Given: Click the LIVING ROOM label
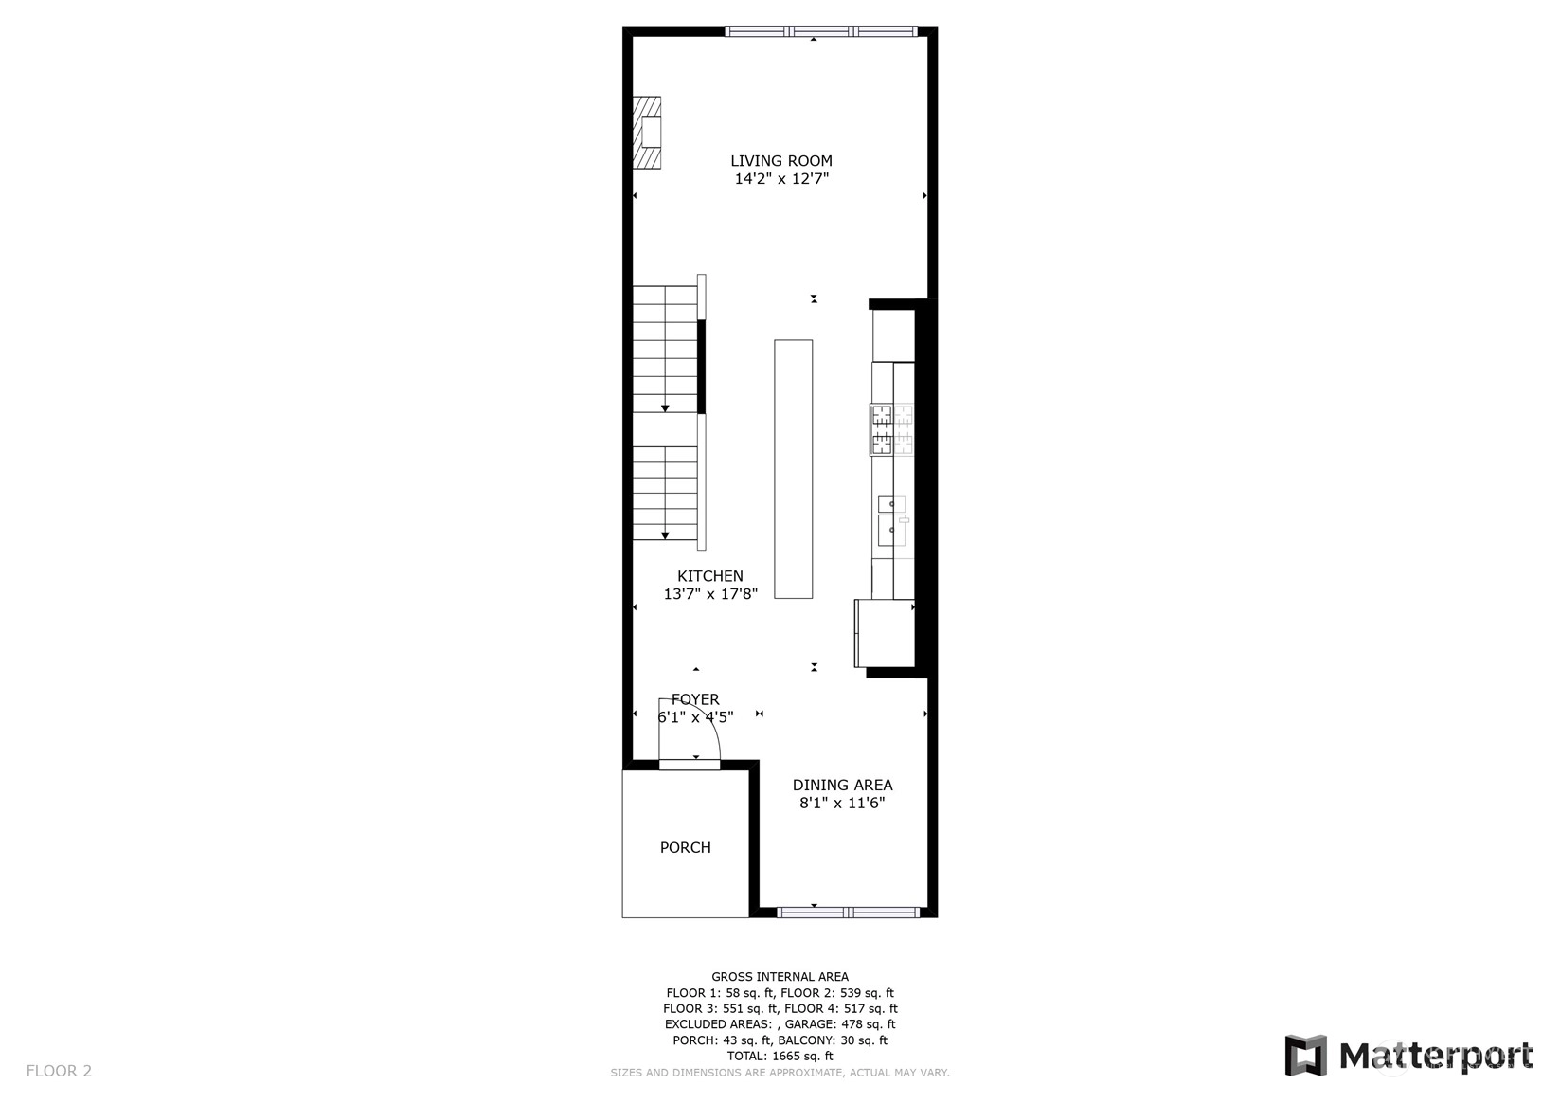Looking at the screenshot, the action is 780,161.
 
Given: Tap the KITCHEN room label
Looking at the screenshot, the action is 710,576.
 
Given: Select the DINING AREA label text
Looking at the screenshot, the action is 842,786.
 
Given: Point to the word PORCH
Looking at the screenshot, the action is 686,847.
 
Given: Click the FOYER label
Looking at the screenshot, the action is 695,699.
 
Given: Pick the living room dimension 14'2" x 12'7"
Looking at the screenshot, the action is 781,178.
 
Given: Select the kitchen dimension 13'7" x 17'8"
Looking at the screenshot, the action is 710,593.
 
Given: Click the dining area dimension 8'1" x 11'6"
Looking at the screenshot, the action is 842,803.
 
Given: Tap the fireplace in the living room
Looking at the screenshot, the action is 646,133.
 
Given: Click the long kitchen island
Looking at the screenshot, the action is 793,469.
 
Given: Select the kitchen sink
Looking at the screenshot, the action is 892,520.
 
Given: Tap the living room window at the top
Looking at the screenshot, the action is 821,31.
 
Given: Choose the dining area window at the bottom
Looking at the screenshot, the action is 849,913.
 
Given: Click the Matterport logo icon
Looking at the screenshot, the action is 1305,1056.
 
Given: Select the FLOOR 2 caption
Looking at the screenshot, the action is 59,1071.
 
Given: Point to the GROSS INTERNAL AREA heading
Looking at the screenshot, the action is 780,977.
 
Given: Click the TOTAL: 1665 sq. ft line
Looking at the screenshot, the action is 780,1057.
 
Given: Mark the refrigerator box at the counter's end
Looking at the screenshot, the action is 885,633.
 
